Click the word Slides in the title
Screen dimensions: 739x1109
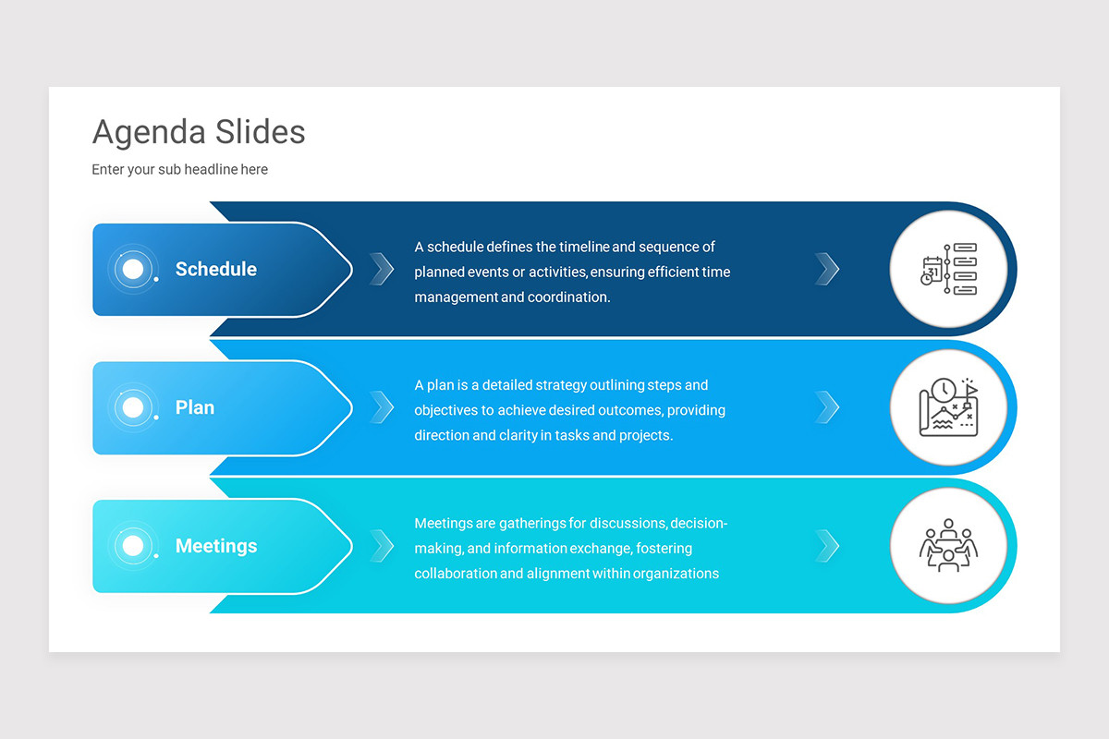260,132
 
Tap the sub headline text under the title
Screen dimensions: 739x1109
179,169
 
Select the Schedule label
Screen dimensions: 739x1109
216,269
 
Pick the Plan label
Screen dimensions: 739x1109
195,407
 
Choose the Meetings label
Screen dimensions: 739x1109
216,546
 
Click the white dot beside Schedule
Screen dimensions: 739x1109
133,269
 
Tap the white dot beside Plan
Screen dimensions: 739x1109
133,407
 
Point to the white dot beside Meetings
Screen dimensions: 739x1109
133,546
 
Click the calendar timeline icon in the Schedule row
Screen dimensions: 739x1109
948,269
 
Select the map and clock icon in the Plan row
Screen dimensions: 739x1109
948,407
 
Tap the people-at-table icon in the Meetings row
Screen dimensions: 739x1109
948,546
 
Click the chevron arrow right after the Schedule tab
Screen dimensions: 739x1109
382,269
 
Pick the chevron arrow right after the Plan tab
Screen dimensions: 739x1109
382,407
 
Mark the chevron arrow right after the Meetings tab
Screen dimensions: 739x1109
382,546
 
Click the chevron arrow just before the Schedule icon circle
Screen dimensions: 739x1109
827,269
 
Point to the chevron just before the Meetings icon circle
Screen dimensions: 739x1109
827,546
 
